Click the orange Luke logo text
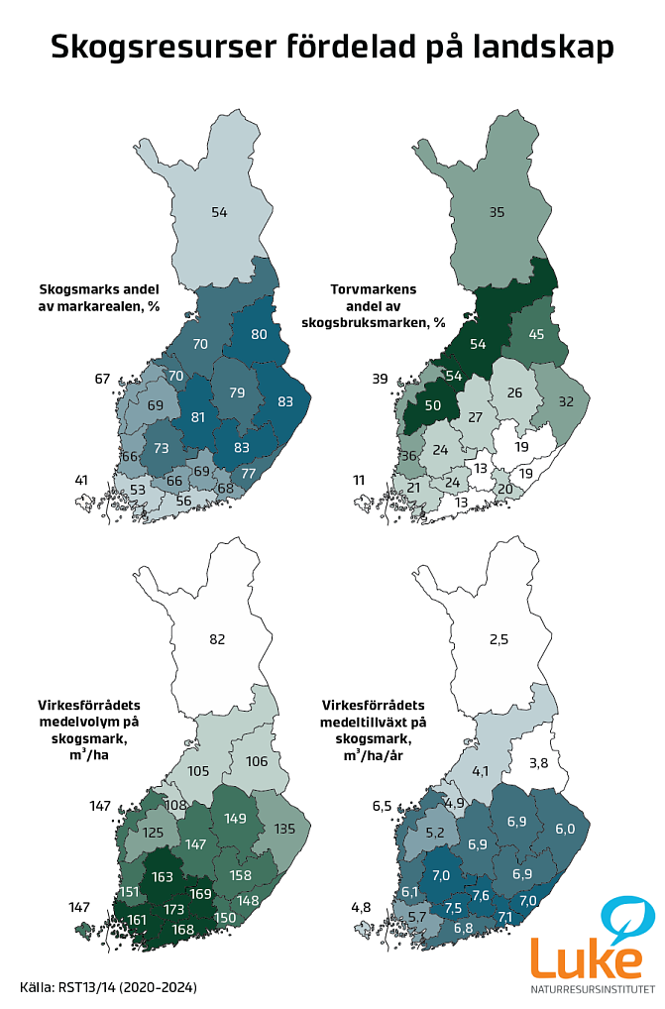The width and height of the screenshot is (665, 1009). pos(586,956)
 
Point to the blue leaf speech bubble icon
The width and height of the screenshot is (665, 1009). pos(627,917)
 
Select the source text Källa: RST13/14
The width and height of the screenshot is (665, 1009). pos(108,987)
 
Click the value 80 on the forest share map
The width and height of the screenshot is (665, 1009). pos(259,334)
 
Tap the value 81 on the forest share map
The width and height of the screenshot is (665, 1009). pos(197,416)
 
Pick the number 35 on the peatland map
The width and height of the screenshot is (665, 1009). pos(498,211)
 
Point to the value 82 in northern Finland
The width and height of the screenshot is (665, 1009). pos(219,639)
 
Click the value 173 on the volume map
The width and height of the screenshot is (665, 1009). pos(174,908)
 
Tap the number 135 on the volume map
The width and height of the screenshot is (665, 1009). pos(284,829)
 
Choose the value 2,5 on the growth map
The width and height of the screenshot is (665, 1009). pos(498,639)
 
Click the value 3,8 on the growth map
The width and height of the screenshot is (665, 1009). pos(539,762)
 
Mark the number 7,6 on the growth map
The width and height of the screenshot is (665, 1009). pos(481,895)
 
